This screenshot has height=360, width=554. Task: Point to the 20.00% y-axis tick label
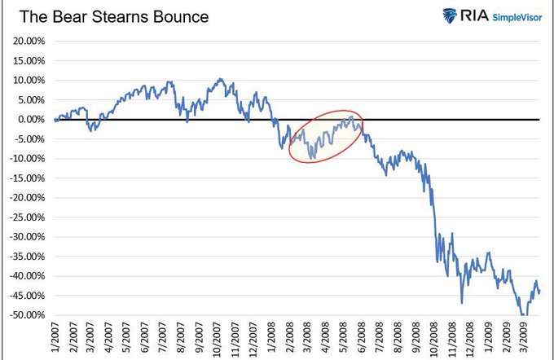tap(29, 41)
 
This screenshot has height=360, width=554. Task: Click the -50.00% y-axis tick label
tap(28, 315)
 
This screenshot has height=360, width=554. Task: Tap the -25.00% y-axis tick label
tap(28, 217)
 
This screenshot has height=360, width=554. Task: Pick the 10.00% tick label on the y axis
tap(29, 81)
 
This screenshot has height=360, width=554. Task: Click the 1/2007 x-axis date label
tap(55, 340)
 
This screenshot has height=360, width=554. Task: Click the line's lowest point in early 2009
tap(523, 314)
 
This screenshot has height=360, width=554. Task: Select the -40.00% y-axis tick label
tap(28, 276)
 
